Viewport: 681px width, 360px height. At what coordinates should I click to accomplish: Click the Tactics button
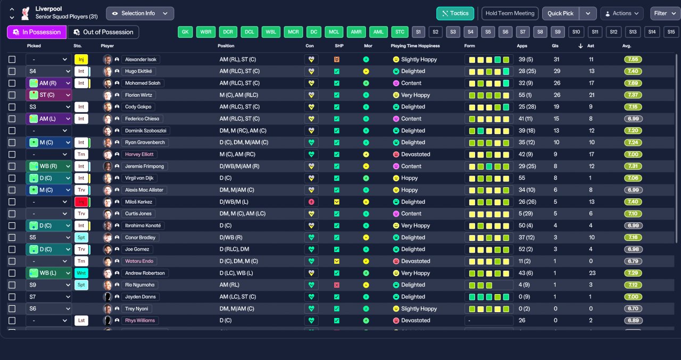[455, 13]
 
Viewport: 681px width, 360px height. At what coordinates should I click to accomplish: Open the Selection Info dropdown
[139, 13]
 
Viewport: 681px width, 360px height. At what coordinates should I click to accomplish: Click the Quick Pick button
[560, 13]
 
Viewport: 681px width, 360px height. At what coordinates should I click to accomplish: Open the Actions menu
[621, 13]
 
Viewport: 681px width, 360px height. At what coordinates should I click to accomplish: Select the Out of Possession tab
[103, 32]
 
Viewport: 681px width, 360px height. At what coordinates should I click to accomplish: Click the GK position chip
[185, 32]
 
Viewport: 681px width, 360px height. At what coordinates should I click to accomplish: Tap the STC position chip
[400, 32]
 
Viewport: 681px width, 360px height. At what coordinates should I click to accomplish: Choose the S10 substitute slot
[576, 32]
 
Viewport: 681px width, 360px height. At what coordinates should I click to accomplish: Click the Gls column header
[557, 46]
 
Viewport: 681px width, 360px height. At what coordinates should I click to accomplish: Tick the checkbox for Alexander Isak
[12, 60]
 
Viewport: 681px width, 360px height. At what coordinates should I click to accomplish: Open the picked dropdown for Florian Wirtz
[48, 95]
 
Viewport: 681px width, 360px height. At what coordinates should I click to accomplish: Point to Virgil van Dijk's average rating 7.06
[633, 178]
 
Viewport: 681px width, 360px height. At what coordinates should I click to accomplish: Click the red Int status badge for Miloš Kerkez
[81, 202]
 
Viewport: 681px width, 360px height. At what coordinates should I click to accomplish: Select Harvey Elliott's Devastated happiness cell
[416, 154]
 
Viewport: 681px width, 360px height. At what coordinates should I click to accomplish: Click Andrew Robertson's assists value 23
[591, 273]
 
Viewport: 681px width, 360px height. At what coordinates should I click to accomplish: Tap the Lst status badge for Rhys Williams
[81, 321]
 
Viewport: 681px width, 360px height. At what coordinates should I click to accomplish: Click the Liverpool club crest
[24, 13]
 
